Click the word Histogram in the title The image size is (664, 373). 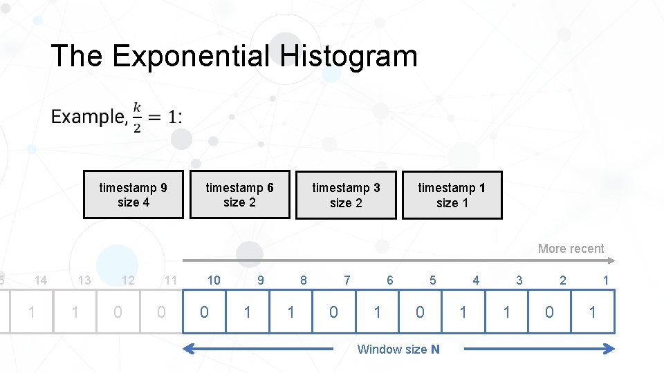click(349, 56)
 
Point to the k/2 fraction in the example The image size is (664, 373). click(137, 116)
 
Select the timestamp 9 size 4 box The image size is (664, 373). click(133, 195)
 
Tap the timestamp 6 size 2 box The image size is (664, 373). click(239, 195)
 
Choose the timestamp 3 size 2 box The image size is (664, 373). click(346, 195)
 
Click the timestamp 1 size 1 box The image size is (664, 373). click(452, 195)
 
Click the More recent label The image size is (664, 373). click(571, 249)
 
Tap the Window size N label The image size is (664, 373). click(398, 350)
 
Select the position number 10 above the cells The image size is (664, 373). click(214, 280)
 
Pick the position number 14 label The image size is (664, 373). click(41, 280)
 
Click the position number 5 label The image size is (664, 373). click(433, 280)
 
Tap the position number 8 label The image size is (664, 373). click(303, 280)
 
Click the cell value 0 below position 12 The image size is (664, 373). click(118, 312)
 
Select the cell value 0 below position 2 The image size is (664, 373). click(549, 312)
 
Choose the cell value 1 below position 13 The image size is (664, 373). click(75, 312)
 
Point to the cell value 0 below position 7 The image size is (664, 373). click(333, 312)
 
